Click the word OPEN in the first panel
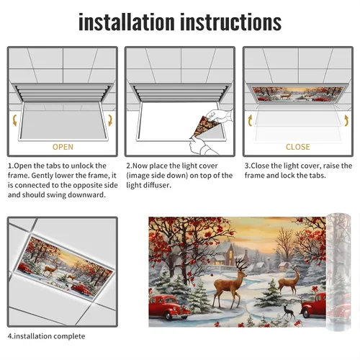coord(63,147)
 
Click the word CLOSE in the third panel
coord(297,147)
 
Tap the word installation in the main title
coord(127,22)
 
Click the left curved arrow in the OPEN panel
coord(15,120)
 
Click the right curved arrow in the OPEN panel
coord(110,120)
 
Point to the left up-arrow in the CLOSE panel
coord(250,120)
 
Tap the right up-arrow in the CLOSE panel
coord(346,120)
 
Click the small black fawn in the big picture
coord(289,312)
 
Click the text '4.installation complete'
coord(46,336)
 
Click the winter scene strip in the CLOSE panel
coord(297,94)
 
